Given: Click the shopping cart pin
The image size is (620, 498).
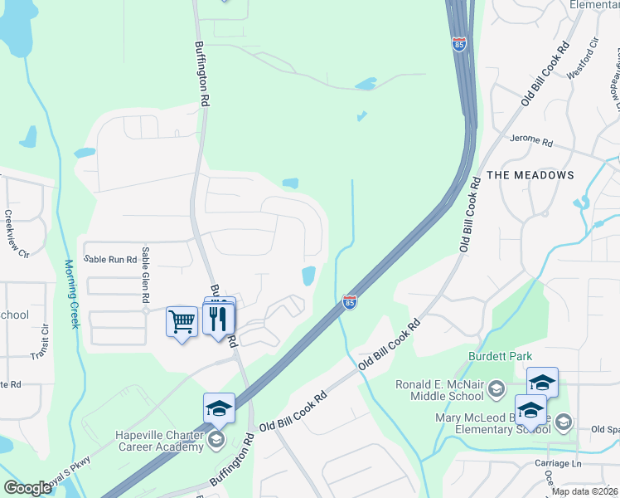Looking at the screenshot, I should coord(182,321).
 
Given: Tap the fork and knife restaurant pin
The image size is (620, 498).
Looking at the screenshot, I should coord(220,319).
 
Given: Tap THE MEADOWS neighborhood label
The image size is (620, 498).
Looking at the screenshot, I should coord(530,175).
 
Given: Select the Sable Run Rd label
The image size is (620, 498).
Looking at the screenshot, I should coord(110,260).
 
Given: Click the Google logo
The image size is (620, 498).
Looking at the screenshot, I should coord(27,488).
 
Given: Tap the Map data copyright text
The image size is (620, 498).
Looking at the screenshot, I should coord(584,491).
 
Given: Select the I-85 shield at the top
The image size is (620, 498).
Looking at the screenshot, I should coord(459,45).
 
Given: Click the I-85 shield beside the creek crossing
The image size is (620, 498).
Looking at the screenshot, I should coord(351,303).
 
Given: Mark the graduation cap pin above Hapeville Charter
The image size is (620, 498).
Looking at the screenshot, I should coord(219,408).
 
